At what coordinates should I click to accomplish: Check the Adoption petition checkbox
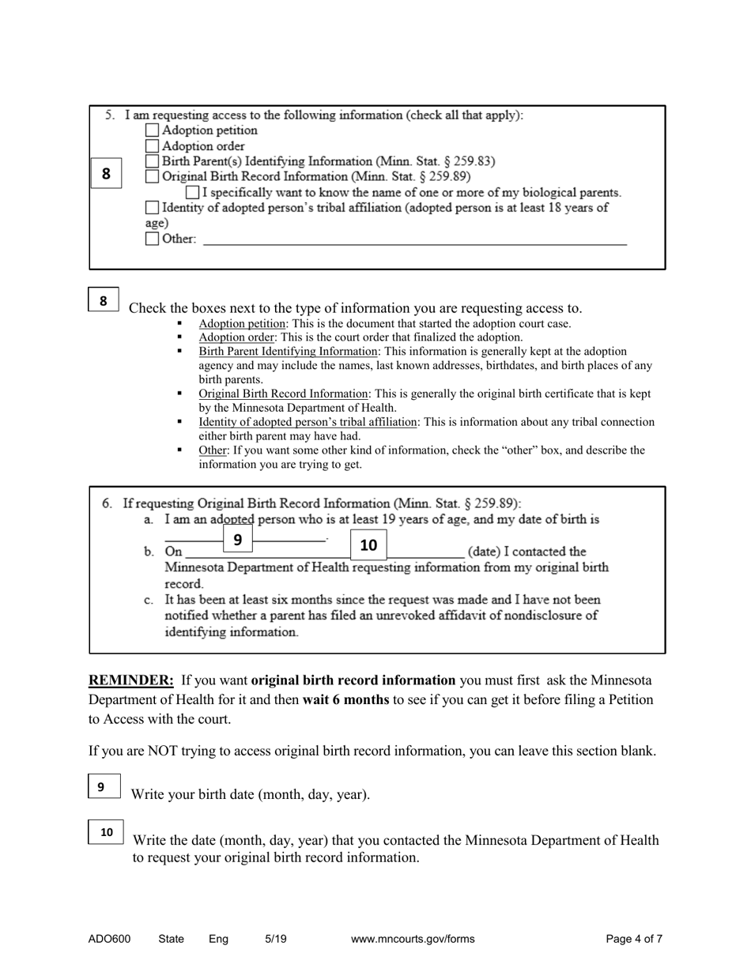pyautogui.click(x=153, y=130)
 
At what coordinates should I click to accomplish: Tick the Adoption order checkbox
pyautogui.click(x=153, y=146)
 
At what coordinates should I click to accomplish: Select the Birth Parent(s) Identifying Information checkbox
pyautogui.click(x=153, y=161)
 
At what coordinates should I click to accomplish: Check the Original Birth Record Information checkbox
pyautogui.click(x=153, y=177)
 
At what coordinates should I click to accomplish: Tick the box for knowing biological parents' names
pyautogui.click(x=192, y=192)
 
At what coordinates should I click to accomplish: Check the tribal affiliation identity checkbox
pyautogui.click(x=153, y=208)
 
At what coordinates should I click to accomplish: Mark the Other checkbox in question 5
pyautogui.click(x=153, y=239)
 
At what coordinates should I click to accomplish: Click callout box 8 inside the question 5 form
pyautogui.click(x=106, y=173)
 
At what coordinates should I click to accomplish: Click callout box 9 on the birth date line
pyautogui.click(x=238, y=539)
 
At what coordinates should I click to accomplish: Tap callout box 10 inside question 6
pyautogui.click(x=368, y=544)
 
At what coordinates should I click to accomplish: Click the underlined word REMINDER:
pyautogui.click(x=130, y=680)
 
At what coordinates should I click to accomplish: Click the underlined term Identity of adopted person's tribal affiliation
pyautogui.click(x=308, y=422)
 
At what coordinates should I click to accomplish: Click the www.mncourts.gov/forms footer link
pyautogui.click(x=413, y=939)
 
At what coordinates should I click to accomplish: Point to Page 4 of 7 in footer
pyautogui.click(x=634, y=939)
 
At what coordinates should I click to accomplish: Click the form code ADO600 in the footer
pyautogui.click(x=110, y=939)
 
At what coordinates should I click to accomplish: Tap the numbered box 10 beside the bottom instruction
pyautogui.click(x=106, y=832)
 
